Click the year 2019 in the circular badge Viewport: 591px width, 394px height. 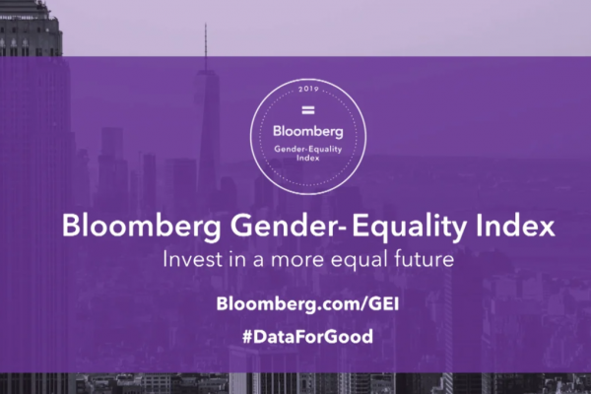pyautogui.click(x=308, y=90)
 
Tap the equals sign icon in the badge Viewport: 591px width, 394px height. pyautogui.click(x=308, y=110)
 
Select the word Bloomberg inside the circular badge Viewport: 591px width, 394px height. pyautogui.click(x=308, y=132)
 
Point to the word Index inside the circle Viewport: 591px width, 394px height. pyautogui.click(x=308, y=158)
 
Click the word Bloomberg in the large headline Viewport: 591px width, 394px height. pyautogui.click(x=142, y=227)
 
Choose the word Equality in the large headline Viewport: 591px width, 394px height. pyautogui.click(x=409, y=227)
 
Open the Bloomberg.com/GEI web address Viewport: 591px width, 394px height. pyautogui.click(x=307, y=304)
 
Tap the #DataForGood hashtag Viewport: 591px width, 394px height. pyautogui.click(x=307, y=336)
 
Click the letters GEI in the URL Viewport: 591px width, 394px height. pyautogui.click(x=384, y=303)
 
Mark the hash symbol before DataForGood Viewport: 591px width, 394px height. pyautogui.click(x=248, y=337)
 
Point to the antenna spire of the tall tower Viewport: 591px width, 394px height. pyautogui.click(x=206, y=46)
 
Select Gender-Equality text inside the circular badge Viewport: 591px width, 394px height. pyautogui.click(x=308, y=150)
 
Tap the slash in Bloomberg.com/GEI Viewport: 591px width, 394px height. pyautogui.click(x=364, y=304)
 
